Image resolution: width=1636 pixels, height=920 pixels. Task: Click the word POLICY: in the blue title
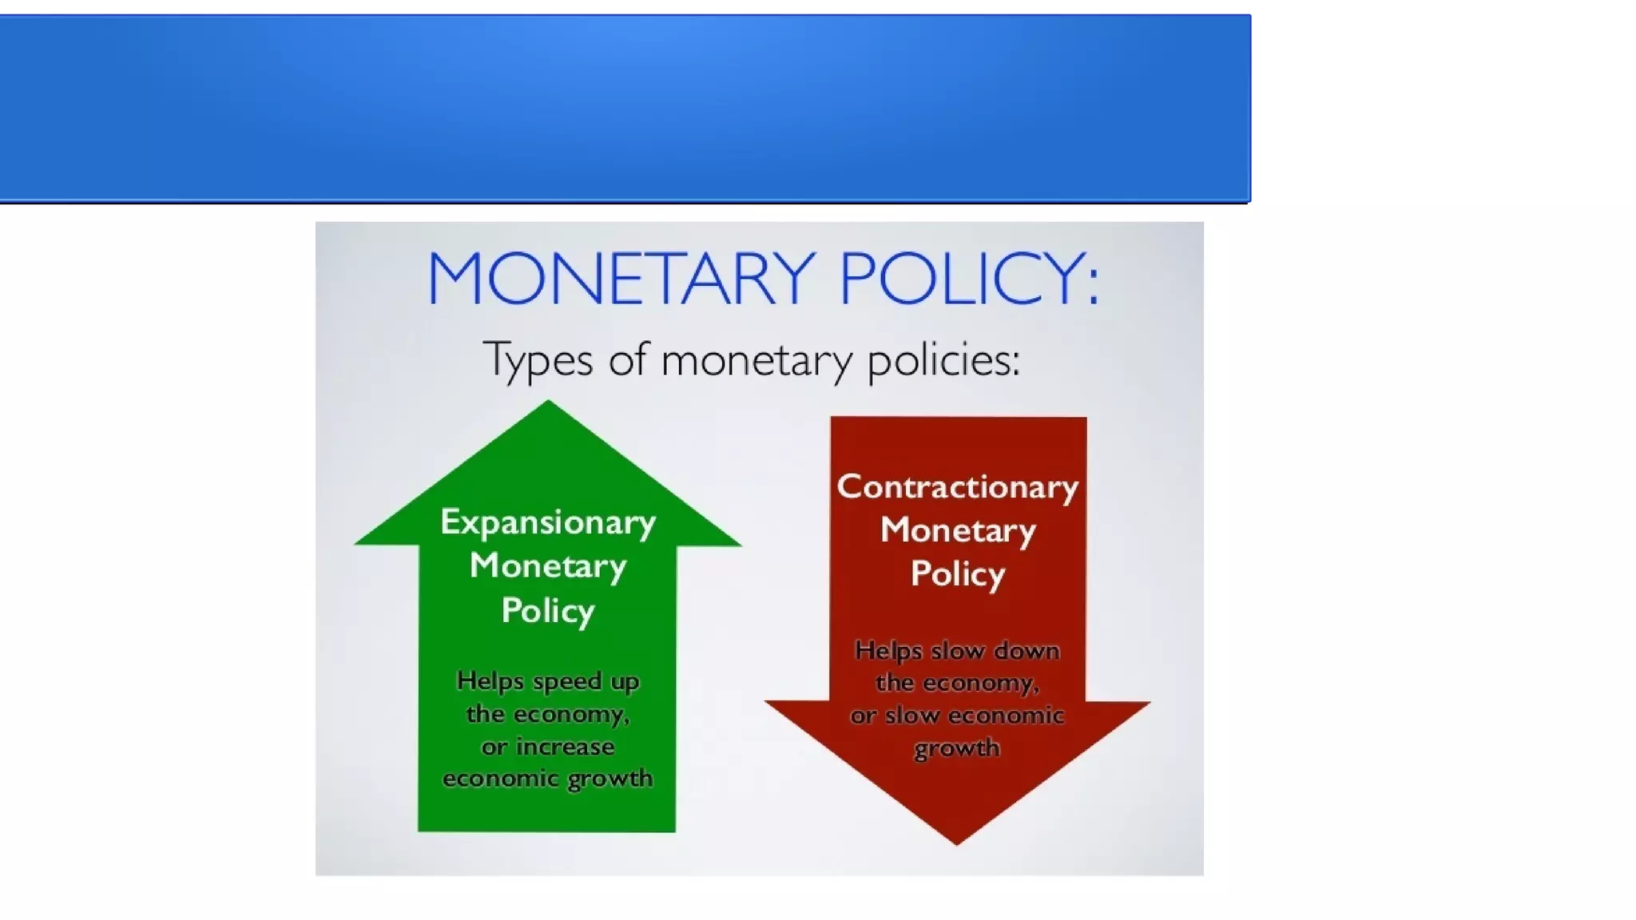969,278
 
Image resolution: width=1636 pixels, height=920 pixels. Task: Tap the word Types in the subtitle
538,359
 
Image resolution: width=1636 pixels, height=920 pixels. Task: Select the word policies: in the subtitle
943,359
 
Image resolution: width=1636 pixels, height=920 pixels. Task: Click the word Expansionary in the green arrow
548,522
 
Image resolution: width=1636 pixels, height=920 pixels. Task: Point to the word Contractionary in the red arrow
958,487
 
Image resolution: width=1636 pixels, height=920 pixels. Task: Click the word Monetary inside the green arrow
548,566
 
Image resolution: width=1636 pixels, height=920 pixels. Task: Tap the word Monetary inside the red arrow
958,530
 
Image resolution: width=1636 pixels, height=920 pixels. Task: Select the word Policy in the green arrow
548,611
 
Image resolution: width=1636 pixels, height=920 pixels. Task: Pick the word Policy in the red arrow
958,574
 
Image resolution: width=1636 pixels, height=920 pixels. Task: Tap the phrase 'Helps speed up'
548,681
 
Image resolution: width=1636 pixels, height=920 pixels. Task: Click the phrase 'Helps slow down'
957,651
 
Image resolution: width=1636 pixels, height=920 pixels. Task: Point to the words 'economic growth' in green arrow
548,779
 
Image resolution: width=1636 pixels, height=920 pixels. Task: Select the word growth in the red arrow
957,748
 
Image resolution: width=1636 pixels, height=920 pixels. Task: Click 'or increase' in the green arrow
548,747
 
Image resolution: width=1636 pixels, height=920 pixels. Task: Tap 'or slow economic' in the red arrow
957,716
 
